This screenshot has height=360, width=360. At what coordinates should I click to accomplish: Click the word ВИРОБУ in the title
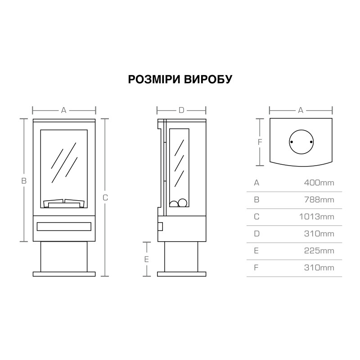pyautogui.click(x=208, y=79)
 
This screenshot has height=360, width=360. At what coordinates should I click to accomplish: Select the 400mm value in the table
pyautogui.click(x=319, y=183)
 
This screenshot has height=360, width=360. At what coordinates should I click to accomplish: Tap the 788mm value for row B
pyautogui.click(x=319, y=200)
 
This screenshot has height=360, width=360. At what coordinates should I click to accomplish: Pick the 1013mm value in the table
pyautogui.click(x=317, y=217)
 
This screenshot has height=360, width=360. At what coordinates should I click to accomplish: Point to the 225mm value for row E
pyautogui.click(x=319, y=251)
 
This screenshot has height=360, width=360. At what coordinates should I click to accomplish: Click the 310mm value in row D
pyautogui.click(x=319, y=234)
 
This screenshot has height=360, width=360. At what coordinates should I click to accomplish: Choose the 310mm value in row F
pyautogui.click(x=319, y=268)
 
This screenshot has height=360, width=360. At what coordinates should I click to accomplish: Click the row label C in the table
pyautogui.click(x=256, y=217)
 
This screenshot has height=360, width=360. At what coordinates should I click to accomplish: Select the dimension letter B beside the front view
pyautogui.click(x=24, y=181)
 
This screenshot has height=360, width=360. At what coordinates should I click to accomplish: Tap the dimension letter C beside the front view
pyautogui.click(x=105, y=198)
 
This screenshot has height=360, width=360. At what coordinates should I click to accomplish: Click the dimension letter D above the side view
pyautogui.click(x=181, y=110)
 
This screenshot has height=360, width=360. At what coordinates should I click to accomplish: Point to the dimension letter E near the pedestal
pyautogui.click(x=147, y=260)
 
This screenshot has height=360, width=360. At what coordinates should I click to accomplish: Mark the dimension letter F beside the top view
pyautogui.click(x=260, y=142)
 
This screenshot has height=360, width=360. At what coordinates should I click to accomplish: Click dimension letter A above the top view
pyautogui.click(x=301, y=110)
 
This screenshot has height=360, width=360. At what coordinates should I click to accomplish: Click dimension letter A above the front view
pyautogui.click(x=64, y=110)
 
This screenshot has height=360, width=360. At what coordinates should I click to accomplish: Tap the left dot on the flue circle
pyautogui.click(x=292, y=142)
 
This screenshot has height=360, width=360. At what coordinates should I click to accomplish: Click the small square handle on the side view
pyautogui.click(x=160, y=226)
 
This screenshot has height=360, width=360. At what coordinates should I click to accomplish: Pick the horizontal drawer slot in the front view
pyautogui.click(x=64, y=227)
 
